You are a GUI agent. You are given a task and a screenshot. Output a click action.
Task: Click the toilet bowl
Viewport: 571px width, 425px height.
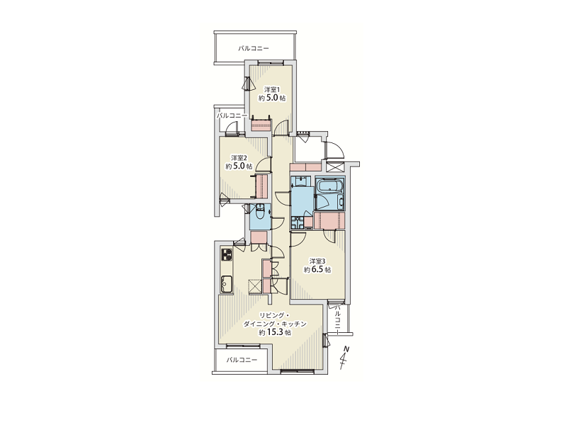260,213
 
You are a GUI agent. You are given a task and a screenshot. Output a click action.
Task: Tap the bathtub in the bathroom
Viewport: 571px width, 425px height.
329,186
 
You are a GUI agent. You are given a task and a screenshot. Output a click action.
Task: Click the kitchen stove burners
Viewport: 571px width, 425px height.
227,254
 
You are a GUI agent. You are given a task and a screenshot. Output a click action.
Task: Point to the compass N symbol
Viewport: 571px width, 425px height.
346,349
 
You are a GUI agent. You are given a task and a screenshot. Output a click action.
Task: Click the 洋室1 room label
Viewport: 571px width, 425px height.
272,89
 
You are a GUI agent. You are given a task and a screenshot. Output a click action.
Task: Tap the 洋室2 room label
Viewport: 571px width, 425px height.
239,158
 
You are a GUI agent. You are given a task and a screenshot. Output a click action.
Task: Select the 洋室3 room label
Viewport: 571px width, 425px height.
317,261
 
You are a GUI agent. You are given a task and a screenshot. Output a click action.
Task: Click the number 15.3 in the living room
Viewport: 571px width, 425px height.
276,332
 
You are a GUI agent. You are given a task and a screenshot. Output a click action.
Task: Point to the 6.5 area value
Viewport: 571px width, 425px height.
318,270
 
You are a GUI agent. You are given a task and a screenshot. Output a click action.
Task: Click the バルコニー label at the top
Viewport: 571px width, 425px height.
254,48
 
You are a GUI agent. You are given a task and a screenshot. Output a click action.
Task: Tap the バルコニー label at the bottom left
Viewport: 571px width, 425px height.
242,360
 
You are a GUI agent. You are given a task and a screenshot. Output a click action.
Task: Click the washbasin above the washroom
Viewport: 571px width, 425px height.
301,181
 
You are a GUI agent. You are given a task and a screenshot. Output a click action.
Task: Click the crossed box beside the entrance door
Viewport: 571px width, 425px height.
335,168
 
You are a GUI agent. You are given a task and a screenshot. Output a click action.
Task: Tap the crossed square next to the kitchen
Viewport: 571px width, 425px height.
255,285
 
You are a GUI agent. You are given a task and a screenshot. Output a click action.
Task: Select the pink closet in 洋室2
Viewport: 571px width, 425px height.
262,186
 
